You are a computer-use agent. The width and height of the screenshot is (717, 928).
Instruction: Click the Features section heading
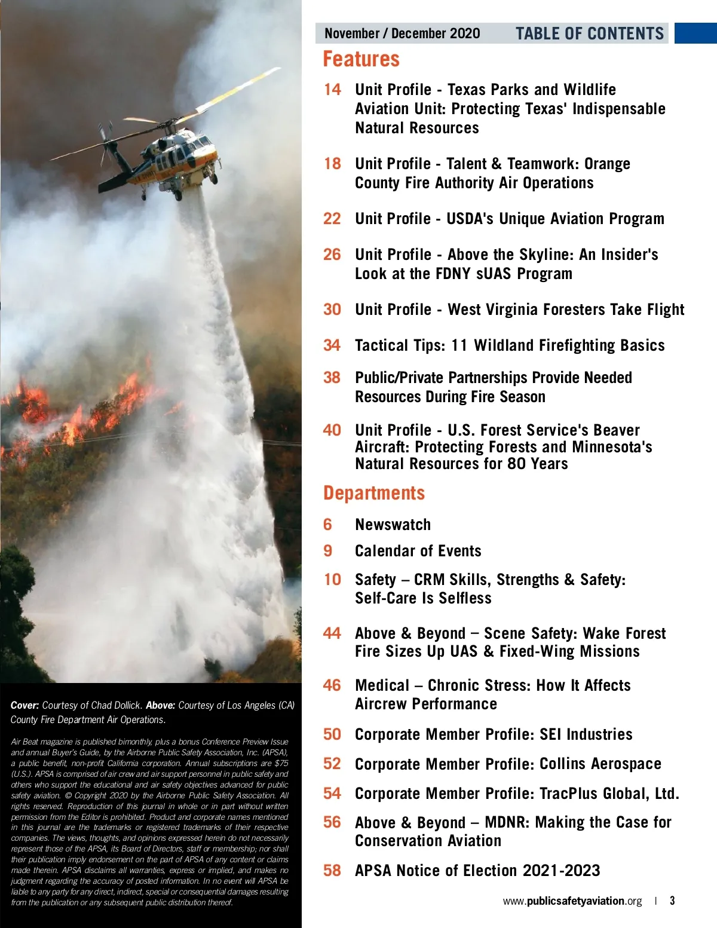[x=361, y=59]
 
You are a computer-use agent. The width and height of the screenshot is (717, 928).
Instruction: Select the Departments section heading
[x=374, y=493]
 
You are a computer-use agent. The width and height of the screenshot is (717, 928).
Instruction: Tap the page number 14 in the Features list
[x=332, y=90]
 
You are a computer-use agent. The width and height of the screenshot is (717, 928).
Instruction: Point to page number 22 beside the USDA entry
[x=332, y=219]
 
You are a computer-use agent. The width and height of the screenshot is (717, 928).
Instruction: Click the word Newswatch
[x=393, y=525]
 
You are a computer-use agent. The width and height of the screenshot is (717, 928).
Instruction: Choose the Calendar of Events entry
[x=418, y=551]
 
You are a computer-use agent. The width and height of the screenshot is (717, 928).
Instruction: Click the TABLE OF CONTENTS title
[x=590, y=33]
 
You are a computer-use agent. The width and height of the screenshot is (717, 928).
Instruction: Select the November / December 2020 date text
[x=402, y=33]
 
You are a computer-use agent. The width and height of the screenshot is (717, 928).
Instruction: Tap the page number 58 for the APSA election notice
[x=332, y=871]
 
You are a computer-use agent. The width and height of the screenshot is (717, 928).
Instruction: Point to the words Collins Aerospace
[x=600, y=764]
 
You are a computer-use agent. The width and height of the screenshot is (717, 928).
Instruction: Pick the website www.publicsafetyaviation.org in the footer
[x=572, y=901]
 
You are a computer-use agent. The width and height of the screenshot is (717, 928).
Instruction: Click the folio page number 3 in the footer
[x=672, y=901]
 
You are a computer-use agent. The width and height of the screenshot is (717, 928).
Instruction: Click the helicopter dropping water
[x=173, y=155]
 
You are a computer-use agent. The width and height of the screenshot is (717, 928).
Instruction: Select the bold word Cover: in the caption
[x=24, y=706]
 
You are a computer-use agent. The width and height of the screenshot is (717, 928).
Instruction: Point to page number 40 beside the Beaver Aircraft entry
[x=332, y=430]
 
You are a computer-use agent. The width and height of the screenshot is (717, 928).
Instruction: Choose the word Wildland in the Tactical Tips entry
[x=504, y=345]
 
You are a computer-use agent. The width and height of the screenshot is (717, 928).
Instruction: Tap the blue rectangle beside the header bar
[x=695, y=33]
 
